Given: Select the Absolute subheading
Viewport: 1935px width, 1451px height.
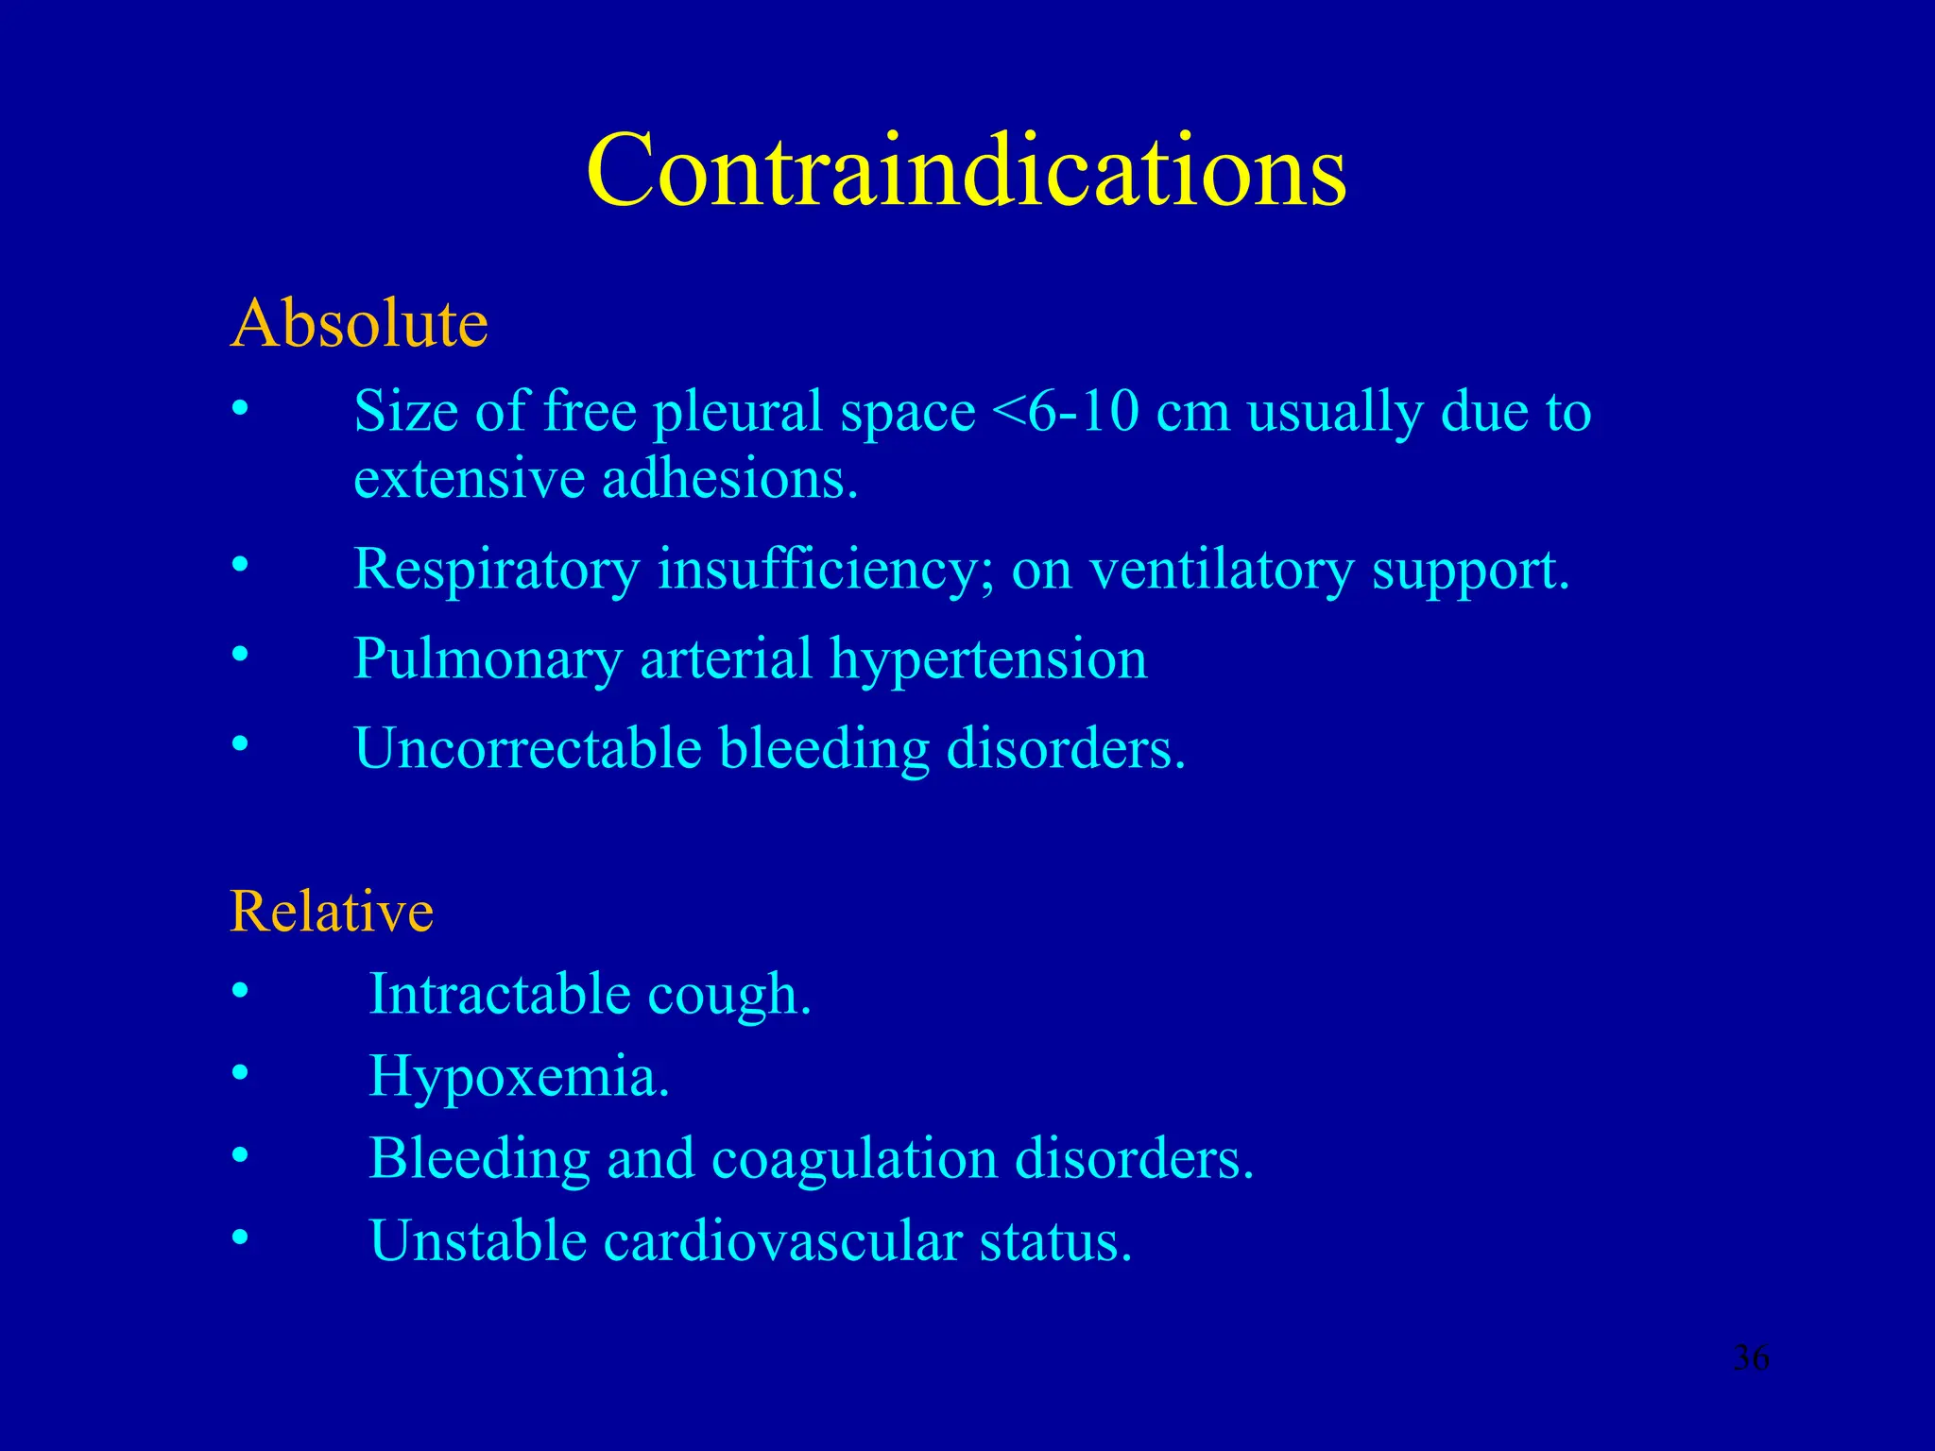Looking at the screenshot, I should click(359, 324).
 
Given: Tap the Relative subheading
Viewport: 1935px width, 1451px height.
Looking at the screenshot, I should click(332, 912).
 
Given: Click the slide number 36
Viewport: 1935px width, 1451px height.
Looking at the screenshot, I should click(1751, 1357).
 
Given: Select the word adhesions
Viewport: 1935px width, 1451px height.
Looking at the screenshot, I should click(729, 478).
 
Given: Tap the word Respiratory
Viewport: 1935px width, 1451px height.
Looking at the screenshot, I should click(497, 571).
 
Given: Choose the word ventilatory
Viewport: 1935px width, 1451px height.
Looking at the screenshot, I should click(1222, 571).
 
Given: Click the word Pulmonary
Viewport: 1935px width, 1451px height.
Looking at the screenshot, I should click(488, 659).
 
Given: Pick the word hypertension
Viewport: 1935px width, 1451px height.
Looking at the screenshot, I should click(988, 659).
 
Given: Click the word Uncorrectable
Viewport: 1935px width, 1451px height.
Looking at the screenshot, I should click(528, 748).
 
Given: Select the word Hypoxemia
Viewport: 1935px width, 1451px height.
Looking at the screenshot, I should click(519, 1077).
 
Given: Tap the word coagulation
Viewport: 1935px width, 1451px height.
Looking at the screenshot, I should click(854, 1159).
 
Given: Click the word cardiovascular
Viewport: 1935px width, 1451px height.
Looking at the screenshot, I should click(782, 1240).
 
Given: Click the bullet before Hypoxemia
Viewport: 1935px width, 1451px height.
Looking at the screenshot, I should click(241, 1073).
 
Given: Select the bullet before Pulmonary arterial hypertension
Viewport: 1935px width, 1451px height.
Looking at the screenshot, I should click(241, 655).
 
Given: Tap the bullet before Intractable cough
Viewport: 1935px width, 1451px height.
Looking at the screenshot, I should click(241, 991).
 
